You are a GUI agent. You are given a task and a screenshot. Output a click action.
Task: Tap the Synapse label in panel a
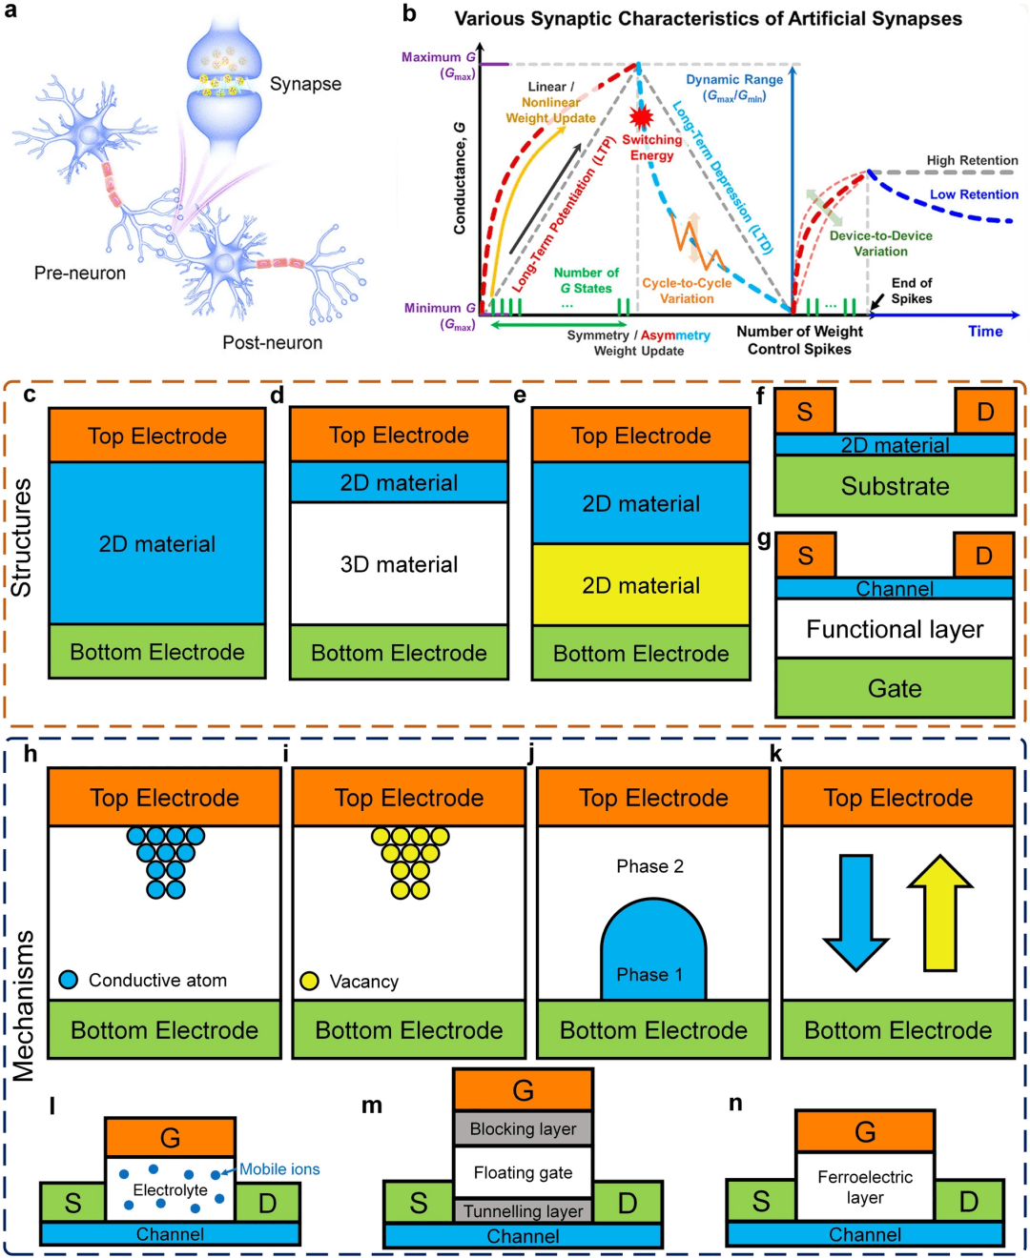click(305, 84)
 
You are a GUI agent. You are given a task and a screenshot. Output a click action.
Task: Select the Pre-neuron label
click(80, 274)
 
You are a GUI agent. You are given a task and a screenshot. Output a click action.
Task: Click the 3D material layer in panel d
click(399, 564)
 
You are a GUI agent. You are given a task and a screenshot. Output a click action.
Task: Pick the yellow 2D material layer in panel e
click(641, 585)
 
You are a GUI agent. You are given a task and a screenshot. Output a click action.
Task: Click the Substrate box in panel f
click(895, 486)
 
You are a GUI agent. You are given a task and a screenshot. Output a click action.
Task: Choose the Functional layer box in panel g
click(895, 629)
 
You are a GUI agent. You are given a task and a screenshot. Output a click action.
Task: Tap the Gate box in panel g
click(895, 688)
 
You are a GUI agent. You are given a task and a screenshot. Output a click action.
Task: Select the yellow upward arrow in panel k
click(940, 910)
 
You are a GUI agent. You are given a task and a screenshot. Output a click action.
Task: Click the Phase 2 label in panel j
click(649, 866)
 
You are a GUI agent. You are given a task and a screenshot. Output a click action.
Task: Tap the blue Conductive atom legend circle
click(69, 980)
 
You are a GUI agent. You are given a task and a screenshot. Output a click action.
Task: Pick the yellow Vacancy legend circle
click(309, 981)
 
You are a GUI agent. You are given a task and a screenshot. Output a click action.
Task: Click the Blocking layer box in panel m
click(523, 1128)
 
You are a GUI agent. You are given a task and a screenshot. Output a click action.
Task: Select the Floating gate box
click(523, 1173)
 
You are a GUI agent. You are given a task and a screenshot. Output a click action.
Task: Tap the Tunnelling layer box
click(523, 1211)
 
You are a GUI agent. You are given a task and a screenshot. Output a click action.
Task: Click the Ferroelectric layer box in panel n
click(864, 1187)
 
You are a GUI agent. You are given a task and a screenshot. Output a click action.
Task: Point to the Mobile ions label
click(279, 1169)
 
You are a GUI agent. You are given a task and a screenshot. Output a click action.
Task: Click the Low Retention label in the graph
click(974, 194)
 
